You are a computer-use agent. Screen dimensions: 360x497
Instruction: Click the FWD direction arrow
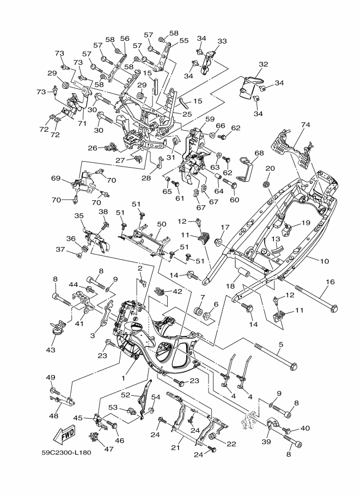64,435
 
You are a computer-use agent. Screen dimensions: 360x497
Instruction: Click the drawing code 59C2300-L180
66,452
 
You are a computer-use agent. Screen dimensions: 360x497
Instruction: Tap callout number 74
306,125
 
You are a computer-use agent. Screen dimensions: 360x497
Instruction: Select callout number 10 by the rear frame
325,261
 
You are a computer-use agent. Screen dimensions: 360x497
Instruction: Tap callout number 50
161,224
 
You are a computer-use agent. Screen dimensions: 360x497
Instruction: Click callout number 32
263,64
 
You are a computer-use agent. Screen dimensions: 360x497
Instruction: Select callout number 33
222,41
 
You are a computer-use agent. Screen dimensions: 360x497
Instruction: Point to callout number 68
259,153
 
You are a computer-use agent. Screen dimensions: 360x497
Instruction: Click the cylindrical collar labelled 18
243,273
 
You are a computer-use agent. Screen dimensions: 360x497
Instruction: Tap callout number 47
109,449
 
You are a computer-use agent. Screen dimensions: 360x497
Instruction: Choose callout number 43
51,349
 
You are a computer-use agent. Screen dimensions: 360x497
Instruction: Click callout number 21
176,447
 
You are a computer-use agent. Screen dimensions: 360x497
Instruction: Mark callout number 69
56,178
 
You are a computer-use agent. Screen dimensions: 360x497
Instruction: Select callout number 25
187,114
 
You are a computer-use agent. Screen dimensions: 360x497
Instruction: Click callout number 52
126,395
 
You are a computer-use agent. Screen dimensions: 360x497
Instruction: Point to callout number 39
266,441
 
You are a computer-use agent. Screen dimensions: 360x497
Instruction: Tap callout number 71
82,124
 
